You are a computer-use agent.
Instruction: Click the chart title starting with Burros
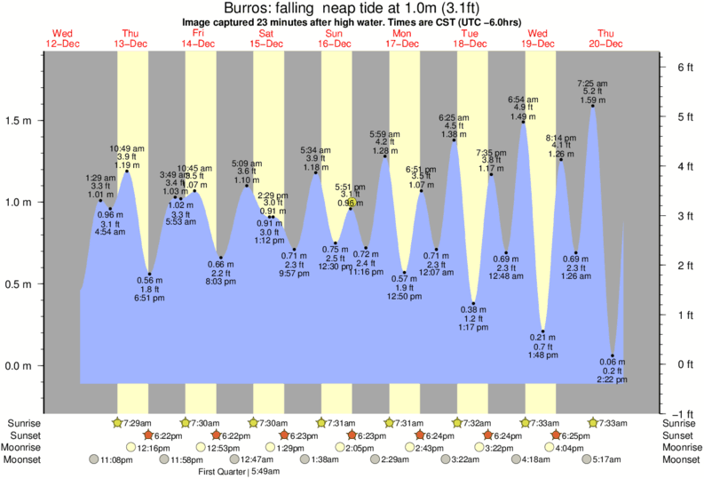(x=352, y=8)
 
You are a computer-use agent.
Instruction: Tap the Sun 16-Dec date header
(x=335, y=38)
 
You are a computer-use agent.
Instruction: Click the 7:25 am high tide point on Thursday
(x=592, y=106)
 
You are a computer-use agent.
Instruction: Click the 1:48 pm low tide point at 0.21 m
(x=542, y=331)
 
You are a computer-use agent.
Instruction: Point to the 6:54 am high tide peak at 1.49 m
(x=523, y=122)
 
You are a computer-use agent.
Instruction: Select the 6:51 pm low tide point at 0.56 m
(x=149, y=274)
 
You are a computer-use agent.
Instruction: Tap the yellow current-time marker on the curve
(x=352, y=204)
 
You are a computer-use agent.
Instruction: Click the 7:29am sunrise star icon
(x=119, y=423)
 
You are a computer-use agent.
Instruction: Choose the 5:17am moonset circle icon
(x=586, y=459)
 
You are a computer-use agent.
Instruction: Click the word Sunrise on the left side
(x=21, y=423)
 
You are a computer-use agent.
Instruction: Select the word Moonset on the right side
(x=682, y=459)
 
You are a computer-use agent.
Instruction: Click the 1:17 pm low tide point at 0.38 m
(x=474, y=304)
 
